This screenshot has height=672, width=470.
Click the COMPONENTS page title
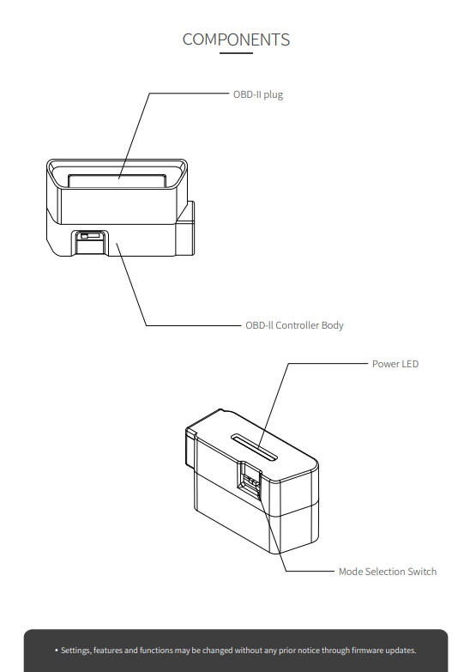click(236, 39)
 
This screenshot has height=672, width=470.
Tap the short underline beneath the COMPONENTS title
click(236, 53)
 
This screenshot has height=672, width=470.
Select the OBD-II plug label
click(258, 94)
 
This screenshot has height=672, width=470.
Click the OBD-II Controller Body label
click(294, 325)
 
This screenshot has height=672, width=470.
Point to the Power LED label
click(395, 364)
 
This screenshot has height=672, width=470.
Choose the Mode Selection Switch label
click(388, 572)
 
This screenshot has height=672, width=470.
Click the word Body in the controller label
click(333, 325)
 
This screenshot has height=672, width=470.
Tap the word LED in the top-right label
click(409, 364)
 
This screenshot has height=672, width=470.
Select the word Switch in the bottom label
click(422, 572)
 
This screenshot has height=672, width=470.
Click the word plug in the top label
click(274, 94)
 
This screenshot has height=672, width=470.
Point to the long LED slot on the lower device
click(254, 447)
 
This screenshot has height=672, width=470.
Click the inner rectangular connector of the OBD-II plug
click(117, 180)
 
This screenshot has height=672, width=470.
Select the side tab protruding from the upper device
click(185, 228)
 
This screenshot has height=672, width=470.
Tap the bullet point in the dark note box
click(56, 651)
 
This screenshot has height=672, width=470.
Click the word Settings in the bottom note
click(75, 651)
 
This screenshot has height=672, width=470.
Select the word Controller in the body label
click(298, 325)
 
